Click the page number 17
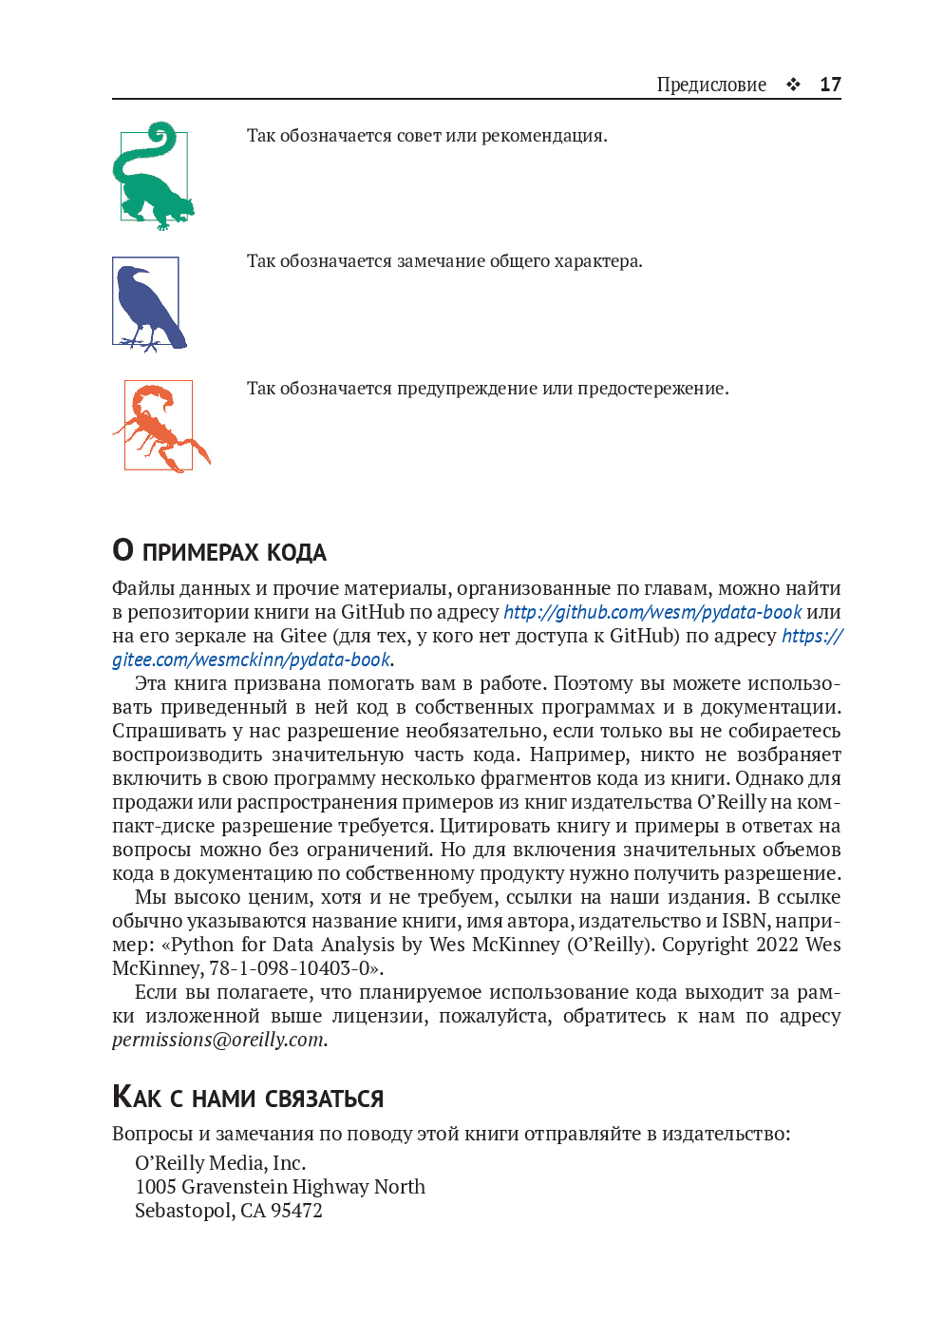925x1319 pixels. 830,85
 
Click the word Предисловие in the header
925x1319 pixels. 711,85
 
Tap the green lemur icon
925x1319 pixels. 153,177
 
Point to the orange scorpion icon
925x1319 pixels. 160,427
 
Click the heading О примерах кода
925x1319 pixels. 219,551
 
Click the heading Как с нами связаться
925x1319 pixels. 248,1097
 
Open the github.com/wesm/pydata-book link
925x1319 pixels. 652,612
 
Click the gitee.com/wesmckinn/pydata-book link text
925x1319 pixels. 252,659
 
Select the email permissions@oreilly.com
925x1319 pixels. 218,1040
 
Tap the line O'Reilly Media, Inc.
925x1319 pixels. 220,1163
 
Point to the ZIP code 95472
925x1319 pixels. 296,1211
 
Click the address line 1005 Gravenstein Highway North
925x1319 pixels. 280,1187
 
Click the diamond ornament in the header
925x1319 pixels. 793,85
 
